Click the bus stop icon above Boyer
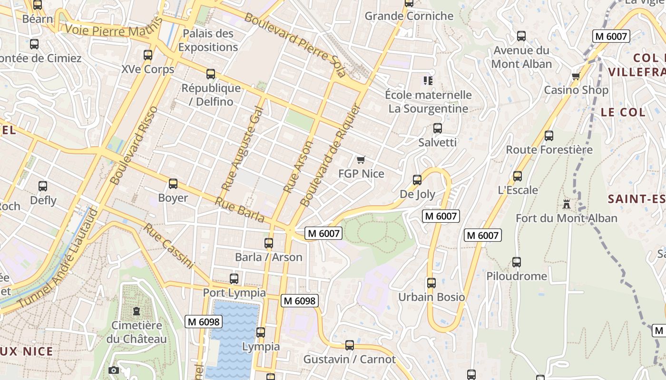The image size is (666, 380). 173,184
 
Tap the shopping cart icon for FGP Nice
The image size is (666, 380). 361,160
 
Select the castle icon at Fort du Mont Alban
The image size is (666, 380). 566,204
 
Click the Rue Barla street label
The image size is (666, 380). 239,209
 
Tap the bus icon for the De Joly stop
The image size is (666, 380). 417,180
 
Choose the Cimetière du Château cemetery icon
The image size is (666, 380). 137,312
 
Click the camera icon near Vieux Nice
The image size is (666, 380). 113,370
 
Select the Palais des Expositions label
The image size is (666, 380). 208,40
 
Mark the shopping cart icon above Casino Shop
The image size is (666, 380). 576,76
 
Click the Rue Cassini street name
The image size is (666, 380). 169,246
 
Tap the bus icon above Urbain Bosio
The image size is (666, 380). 431,283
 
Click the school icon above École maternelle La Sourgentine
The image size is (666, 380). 428,81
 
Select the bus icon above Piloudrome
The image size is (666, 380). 516,262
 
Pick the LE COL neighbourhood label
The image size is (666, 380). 623,113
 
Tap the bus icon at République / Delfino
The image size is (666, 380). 210,74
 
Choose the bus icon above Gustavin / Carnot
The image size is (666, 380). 349,345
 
